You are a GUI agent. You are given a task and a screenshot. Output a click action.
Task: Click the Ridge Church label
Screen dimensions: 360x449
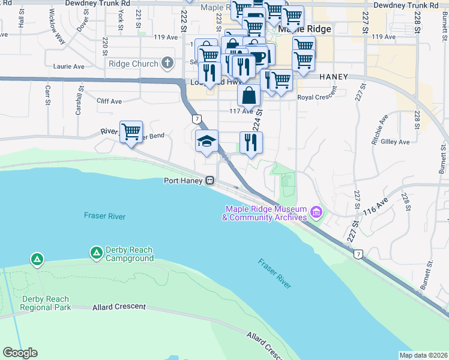pyautogui.click(x=133, y=64)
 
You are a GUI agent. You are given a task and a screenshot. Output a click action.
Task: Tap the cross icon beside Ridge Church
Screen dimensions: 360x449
pyautogui.click(x=167, y=63)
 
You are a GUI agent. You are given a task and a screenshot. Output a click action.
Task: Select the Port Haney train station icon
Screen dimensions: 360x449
pyautogui.click(x=211, y=180)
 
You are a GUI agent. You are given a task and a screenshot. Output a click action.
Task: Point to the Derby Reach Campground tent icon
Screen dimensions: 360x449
pyautogui.click(x=96, y=253)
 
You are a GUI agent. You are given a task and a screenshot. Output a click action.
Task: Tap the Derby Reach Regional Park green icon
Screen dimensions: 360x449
pyautogui.click(x=37, y=260)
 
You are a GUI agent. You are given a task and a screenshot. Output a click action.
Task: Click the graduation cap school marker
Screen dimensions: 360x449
pyautogui.click(x=206, y=142)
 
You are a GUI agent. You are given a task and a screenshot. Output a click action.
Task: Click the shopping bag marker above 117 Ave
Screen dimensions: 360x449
pyautogui.click(x=249, y=95)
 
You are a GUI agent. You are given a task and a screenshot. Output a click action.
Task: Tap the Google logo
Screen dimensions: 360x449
pyautogui.click(x=20, y=353)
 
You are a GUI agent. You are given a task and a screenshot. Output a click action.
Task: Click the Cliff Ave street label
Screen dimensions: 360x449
pyautogui.click(x=109, y=101)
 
